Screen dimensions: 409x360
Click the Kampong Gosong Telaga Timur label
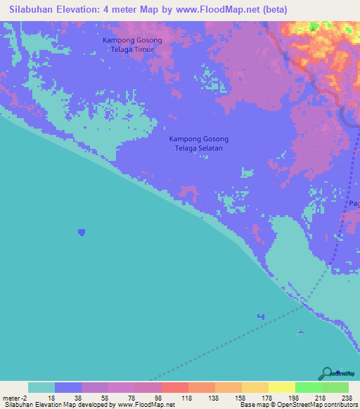[132, 45]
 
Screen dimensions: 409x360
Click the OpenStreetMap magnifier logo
[327, 373]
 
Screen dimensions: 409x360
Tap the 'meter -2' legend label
[15, 397]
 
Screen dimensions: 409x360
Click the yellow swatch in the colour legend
[281, 387]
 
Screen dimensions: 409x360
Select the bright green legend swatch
[308, 387]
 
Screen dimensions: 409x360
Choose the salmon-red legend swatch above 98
[174, 387]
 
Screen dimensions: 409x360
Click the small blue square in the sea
[82, 231]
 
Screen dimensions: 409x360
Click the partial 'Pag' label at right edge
[354, 204]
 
